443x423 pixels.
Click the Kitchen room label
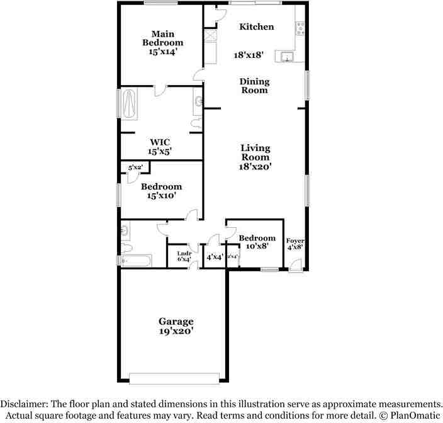coord(257,26)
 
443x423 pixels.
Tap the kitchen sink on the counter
coord(288,57)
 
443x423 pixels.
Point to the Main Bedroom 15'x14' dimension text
coord(162,52)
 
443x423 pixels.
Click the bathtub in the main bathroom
coord(131,103)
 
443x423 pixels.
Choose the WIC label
coord(160,142)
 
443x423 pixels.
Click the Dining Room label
coord(255,86)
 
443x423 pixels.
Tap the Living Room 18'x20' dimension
coord(255,167)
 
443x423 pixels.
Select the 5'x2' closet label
coord(135,168)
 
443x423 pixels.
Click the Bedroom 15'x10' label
coord(161,191)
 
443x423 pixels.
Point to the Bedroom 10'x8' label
coord(257,242)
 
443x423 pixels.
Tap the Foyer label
coord(295,241)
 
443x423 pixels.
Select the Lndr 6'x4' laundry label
coord(184,256)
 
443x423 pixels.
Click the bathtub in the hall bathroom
coord(136,260)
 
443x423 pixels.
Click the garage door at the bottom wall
coord(174,378)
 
